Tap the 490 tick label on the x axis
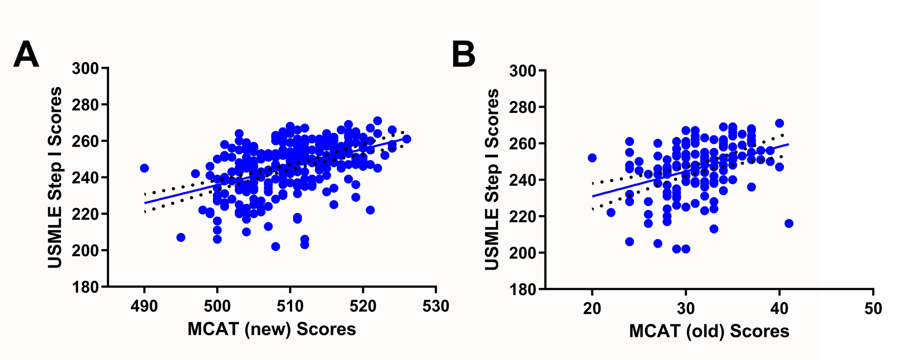point(144,306)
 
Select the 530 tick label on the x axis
point(436,306)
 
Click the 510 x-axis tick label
point(290,306)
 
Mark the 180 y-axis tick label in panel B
point(523,289)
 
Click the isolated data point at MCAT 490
point(144,168)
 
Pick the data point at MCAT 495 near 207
point(181,237)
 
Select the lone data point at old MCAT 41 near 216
point(789,223)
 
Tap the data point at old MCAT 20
point(592,158)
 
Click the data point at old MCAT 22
point(611,212)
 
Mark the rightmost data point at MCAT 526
point(407,139)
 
